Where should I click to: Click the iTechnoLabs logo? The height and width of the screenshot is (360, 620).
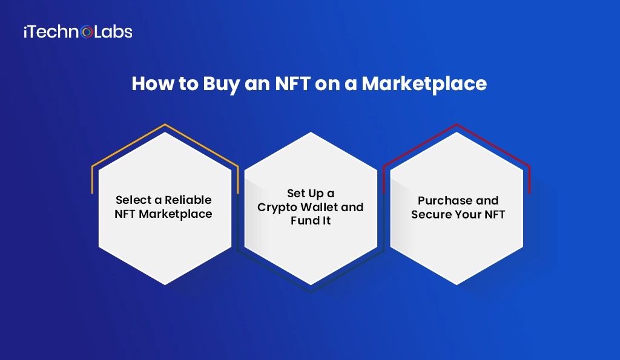coord(77,31)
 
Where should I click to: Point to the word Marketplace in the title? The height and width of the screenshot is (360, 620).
coord(424,83)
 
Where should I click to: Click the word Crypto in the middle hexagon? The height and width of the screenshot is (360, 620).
coord(277,207)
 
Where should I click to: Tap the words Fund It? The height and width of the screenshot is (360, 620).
coord(310,220)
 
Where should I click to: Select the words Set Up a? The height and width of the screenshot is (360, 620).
coord(310,193)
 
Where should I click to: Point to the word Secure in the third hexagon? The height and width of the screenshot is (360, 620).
coord(431,214)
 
